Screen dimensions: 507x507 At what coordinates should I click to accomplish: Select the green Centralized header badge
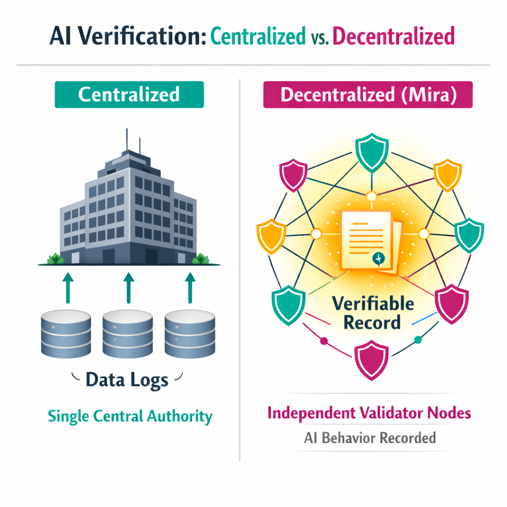(129, 95)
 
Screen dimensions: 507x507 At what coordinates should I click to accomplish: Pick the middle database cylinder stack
(128, 334)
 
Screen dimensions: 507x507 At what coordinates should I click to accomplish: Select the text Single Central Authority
(130, 416)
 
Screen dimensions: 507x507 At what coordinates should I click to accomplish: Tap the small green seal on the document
(378, 258)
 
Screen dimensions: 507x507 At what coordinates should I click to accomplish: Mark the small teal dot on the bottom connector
(417, 340)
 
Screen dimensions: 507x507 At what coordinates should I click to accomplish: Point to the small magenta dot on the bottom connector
(324, 341)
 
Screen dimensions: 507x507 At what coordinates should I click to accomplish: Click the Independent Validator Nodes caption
(369, 413)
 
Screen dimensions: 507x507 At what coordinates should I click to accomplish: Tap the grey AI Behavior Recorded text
(369, 438)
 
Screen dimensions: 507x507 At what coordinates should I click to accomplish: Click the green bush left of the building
(53, 258)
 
